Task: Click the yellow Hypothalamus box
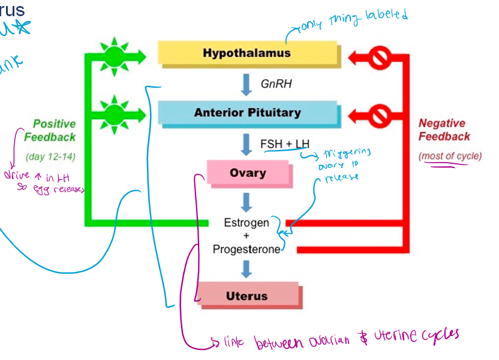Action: pos(247,53)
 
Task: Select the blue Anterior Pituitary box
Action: pos(247,112)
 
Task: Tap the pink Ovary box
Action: pos(247,173)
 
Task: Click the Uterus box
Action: pos(247,296)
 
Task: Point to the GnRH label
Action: pos(276,84)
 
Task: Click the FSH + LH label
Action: pos(285,144)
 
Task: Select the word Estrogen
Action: pos(247,223)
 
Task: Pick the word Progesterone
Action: pos(247,249)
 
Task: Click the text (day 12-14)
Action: pos(51,157)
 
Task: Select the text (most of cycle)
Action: pos(450,156)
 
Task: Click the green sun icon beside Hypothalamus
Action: pos(113,57)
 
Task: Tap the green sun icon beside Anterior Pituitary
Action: pos(113,113)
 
